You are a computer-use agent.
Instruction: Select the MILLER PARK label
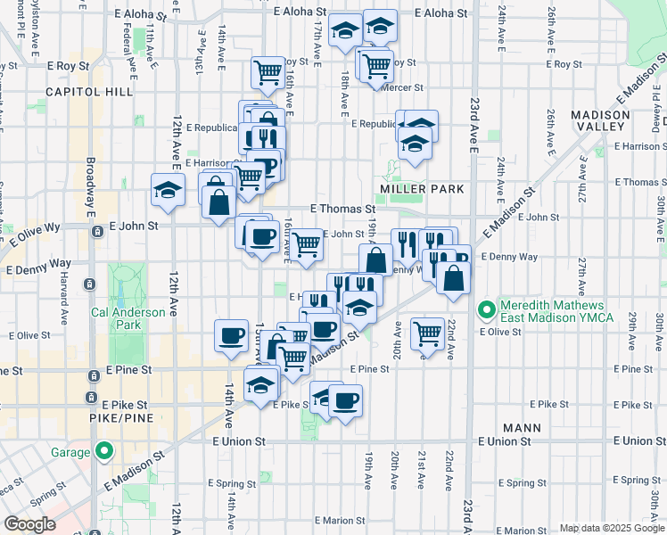pyautogui.click(x=422, y=189)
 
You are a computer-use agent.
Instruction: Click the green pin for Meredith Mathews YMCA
pyautogui.click(x=487, y=310)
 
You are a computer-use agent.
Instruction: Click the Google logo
pyautogui.click(x=29, y=524)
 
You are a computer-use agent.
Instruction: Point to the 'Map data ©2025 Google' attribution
pyautogui.click(x=611, y=528)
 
